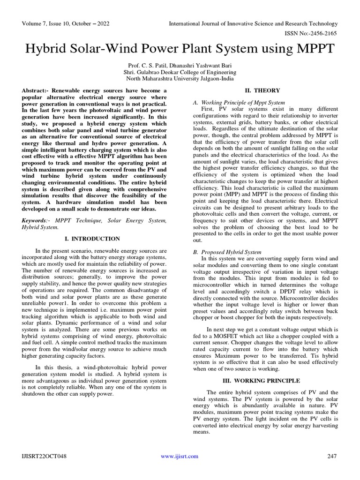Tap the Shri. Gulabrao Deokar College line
pyautogui.click(x=180, y=73)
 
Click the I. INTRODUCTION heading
pyautogui.click(x=92, y=239)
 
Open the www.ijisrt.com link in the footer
pyautogui.click(x=180, y=456)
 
